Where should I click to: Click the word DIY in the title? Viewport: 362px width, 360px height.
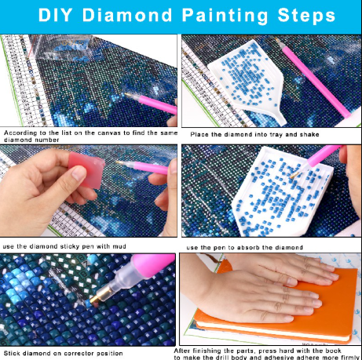(56, 15)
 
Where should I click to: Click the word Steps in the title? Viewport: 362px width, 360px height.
(306, 15)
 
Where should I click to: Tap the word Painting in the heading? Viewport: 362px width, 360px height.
(225, 16)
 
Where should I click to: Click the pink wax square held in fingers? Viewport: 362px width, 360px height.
(86, 167)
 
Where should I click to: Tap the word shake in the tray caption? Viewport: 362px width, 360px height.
(309, 134)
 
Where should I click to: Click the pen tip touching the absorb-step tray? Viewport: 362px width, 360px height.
(294, 175)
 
